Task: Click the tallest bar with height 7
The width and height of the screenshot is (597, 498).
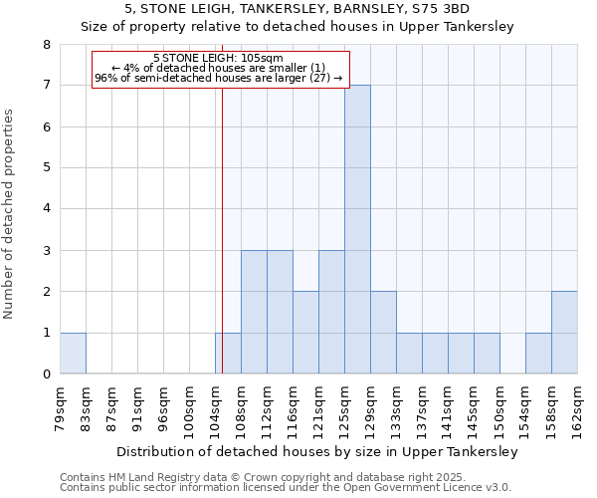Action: [x=357, y=229]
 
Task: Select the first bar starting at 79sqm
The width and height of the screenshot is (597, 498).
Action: [x=73, y=353]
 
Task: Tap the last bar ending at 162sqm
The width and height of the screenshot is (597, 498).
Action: [x=564, y=333]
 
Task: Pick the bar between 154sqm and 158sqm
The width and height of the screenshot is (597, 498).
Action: [x=538, y=353]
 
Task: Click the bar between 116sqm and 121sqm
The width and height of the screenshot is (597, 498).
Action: [x=305, y=333]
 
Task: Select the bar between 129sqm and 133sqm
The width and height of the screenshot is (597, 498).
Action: [x=383, y=333]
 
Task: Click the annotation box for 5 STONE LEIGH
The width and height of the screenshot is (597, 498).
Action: [x=220, y=70]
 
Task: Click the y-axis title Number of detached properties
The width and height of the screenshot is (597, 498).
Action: [x=11, y=214]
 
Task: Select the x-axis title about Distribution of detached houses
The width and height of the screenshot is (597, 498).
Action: [x=318, y=451]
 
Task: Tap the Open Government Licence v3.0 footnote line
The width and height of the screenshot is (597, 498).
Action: [x=286, y=488]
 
